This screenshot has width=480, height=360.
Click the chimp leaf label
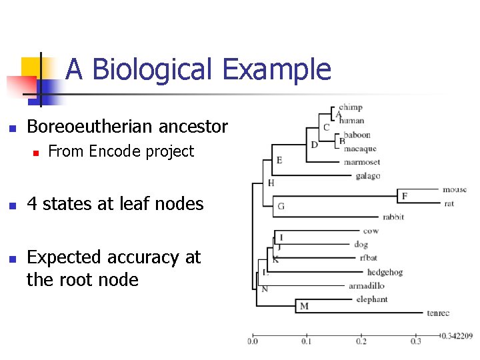click(350, 107)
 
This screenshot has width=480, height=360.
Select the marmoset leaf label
click(362, 162)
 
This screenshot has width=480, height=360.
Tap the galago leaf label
click(368, 176)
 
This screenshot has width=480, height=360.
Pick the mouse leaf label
click(455, 189)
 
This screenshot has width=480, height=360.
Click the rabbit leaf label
click(393, 217)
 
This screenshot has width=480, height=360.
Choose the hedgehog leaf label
click(385, 272)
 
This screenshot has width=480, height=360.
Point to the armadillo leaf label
click(366, 286)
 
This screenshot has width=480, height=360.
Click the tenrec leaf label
click(439, 313)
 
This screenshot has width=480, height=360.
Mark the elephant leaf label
click(371, 299)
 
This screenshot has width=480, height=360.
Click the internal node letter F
click(404, 196)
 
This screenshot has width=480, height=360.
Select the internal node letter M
click(304, 306)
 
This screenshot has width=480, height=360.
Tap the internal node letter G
click(281, 206)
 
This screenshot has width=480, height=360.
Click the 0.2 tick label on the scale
click(361, 341)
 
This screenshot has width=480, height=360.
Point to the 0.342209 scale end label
click(457, 336)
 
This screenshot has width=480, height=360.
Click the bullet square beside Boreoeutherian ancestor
click(11, 128)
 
